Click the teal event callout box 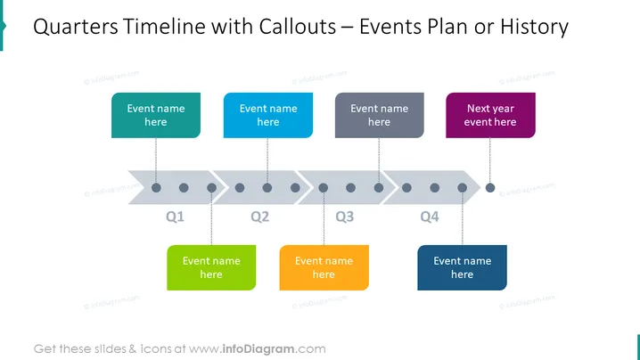coord(156,115)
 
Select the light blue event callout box coord(268,115)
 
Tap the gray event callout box coord(380,115)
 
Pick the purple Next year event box coord(490,115)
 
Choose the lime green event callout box coord(211,267)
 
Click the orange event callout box coord(324,267)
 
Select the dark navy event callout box coord(462,267)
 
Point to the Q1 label coord(175,217)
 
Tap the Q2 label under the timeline coord(260,217)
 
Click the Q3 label coord(345,217)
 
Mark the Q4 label coord(430,217)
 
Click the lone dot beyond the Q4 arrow coord(490,188)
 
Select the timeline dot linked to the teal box coord(156,188)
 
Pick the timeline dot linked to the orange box coord(324,188)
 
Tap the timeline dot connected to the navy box coord(462,188)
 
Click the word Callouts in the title coord(298,27)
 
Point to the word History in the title coord(534,28)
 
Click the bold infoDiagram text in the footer coord(258,349)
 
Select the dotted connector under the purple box coord(490,160)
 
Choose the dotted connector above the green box coord(211,219)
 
